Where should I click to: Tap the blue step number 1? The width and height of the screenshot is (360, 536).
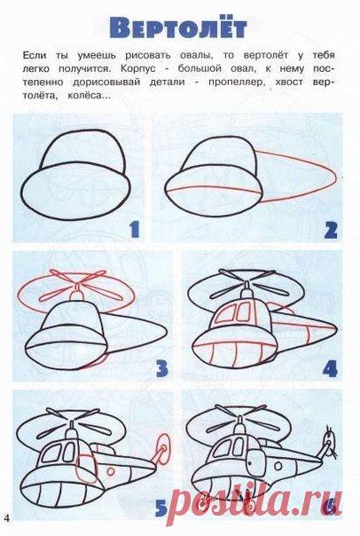[x=135, y=229]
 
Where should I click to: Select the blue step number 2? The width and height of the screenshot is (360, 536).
[x=330, y=230]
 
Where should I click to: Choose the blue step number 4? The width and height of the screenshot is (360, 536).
[x=330, y=368]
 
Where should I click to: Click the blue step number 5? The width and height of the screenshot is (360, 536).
[x=161, y=508]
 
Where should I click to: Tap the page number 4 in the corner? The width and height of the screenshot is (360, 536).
[x=7, y=518]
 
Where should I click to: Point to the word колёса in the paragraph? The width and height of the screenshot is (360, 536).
[x=89, y=96]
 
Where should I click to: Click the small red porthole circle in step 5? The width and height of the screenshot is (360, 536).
[x=111, y=471]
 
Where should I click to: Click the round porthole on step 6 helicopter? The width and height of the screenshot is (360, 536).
[x=278, y=466]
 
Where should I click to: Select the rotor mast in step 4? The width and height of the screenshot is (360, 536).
[x=247, y=291]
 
